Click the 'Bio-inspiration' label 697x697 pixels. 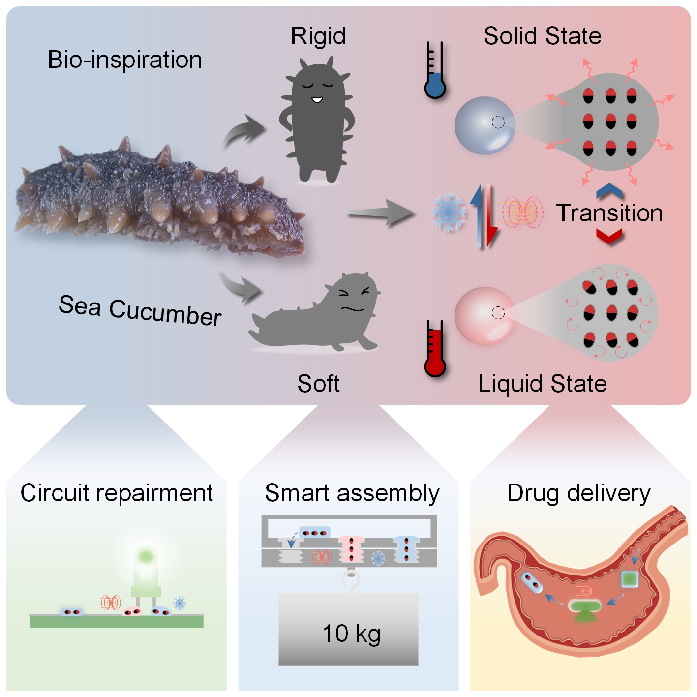[125, 60]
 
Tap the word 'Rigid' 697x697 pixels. [318, 36]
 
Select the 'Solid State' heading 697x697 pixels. [543, 36]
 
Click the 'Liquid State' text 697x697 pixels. [543, 384]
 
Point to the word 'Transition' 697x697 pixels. [609, 213]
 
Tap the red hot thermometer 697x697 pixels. [435, 349]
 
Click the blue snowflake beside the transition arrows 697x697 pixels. [448, 212]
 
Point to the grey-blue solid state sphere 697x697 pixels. [485, 125]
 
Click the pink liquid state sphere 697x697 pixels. [485, 315]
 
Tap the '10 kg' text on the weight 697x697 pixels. [351, 634]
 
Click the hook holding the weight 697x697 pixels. [351, 583]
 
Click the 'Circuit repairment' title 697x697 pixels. [117, 493]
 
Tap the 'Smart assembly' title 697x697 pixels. [352, 493]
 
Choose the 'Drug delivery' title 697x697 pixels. [578, 493]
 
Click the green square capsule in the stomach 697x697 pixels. [629, 579]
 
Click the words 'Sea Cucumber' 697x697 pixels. [140, 310]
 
